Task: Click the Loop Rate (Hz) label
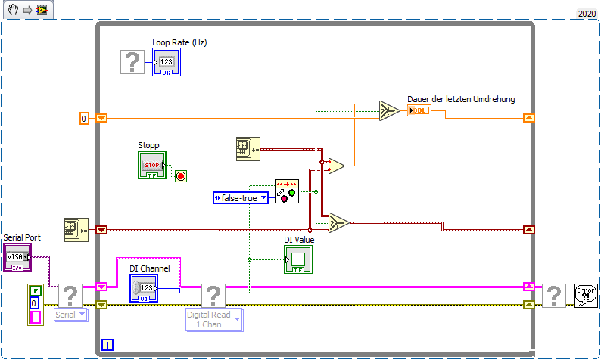pyautogui.click(x=179, y=42)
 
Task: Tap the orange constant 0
pyautogui.click(x=85, y=118)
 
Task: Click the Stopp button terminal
pyautogui.click(x=152, y=165)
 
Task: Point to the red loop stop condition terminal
pyautogui.click(x=181, y=176)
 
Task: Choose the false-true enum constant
pyautogui.click(x=241, y=197)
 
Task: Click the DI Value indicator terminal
pyautogui.click(x=297, y=259)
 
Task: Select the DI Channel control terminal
pyautogui.click(x=144, y=288)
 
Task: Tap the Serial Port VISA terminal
pyautogui.click(x=17, y=257)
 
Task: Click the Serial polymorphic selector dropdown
pyautogui.click(x=71, y=314)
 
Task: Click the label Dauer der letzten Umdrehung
pyautogui.click(x=461, y=99)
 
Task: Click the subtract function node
pyautogui.click(x=337, y=166)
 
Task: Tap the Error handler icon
pyautogui.click(x=586, y=295)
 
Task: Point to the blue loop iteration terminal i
pyautogui.click(x=108, y=345)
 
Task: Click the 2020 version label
pyautogui.click(x=587, y=13)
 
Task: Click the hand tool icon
pyautogui.click(x=13, y=11)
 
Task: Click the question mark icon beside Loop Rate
pyautogui.click(x=132, y=62)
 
